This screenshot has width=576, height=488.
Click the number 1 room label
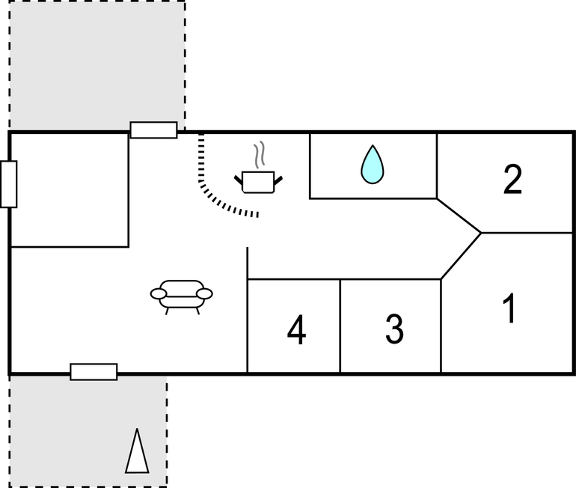509,309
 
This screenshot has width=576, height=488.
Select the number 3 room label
394,329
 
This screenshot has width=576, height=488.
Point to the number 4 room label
297,331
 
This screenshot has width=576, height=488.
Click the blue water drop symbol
372,165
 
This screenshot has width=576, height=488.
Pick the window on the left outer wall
9,184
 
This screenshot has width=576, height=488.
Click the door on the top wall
153,129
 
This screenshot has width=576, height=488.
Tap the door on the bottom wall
94,371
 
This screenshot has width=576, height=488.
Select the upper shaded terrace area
97,64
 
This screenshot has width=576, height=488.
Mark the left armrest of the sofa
158,293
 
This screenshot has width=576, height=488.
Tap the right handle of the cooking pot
278,178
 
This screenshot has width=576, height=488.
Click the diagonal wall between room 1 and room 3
461,256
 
